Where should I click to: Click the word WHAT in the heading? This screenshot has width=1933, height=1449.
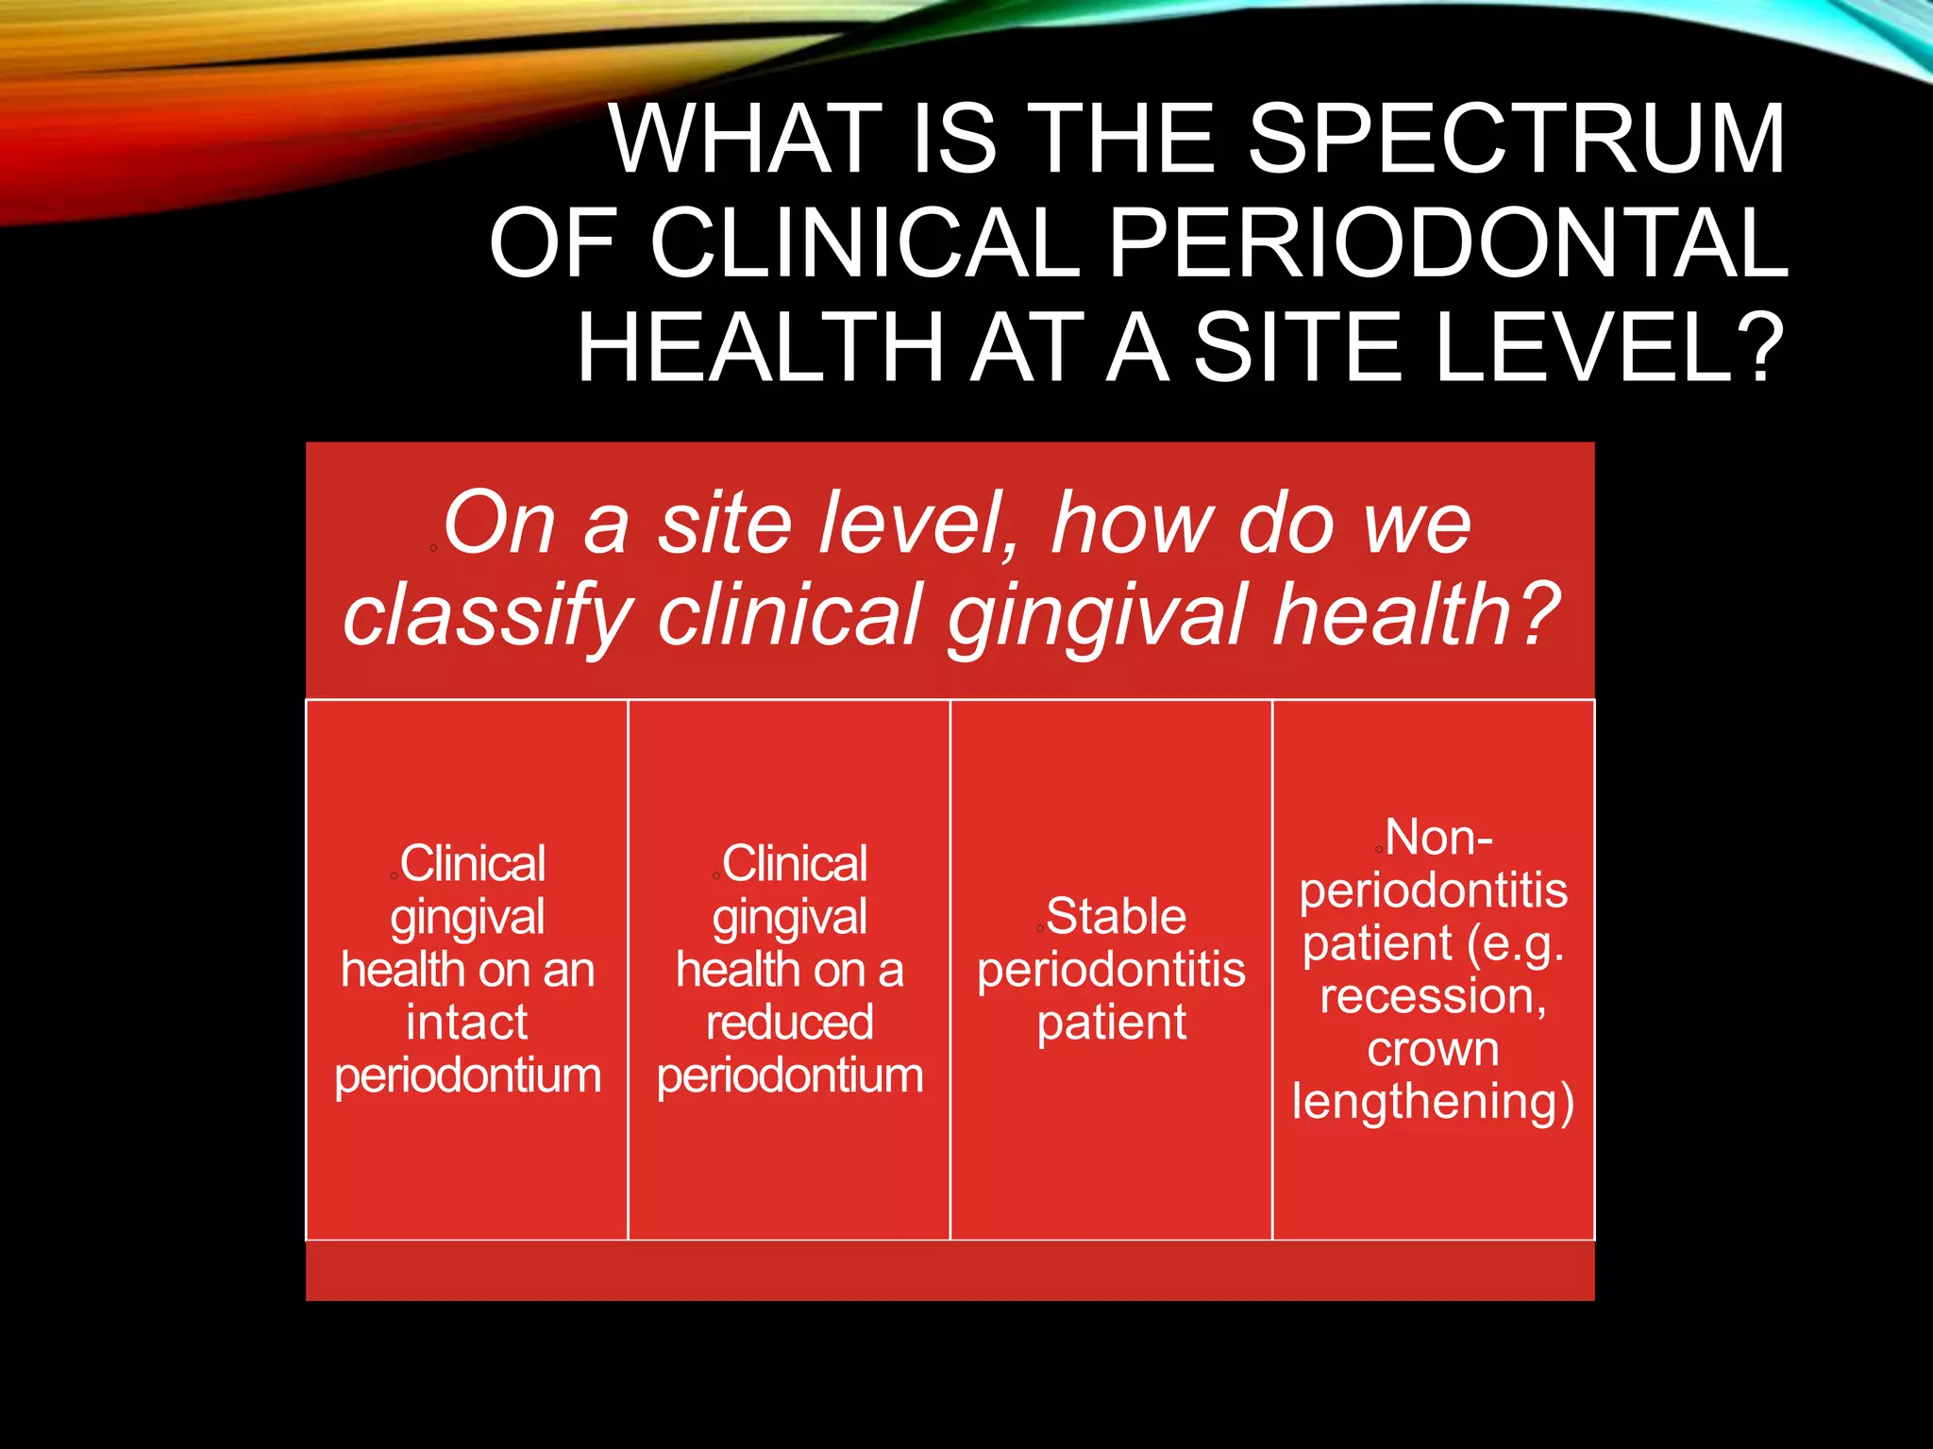coord(747,140)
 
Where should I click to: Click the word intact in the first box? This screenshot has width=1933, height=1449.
coord(467,1023)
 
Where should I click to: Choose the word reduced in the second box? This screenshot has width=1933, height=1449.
coord(790,1023)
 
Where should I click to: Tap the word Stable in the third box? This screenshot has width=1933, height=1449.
coord(1116,917)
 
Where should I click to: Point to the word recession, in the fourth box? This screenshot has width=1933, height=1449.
coord(1433,996)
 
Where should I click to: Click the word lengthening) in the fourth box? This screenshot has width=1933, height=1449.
coord(1433,1102)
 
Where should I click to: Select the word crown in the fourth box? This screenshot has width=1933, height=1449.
coord(1433,1049)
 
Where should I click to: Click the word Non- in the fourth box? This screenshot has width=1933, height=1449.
coord(1438,838)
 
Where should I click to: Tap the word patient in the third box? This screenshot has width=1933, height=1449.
coord(1112,1023)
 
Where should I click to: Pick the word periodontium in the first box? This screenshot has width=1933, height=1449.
coord(467,1075)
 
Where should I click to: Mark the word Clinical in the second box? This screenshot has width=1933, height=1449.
coord(795,864)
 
